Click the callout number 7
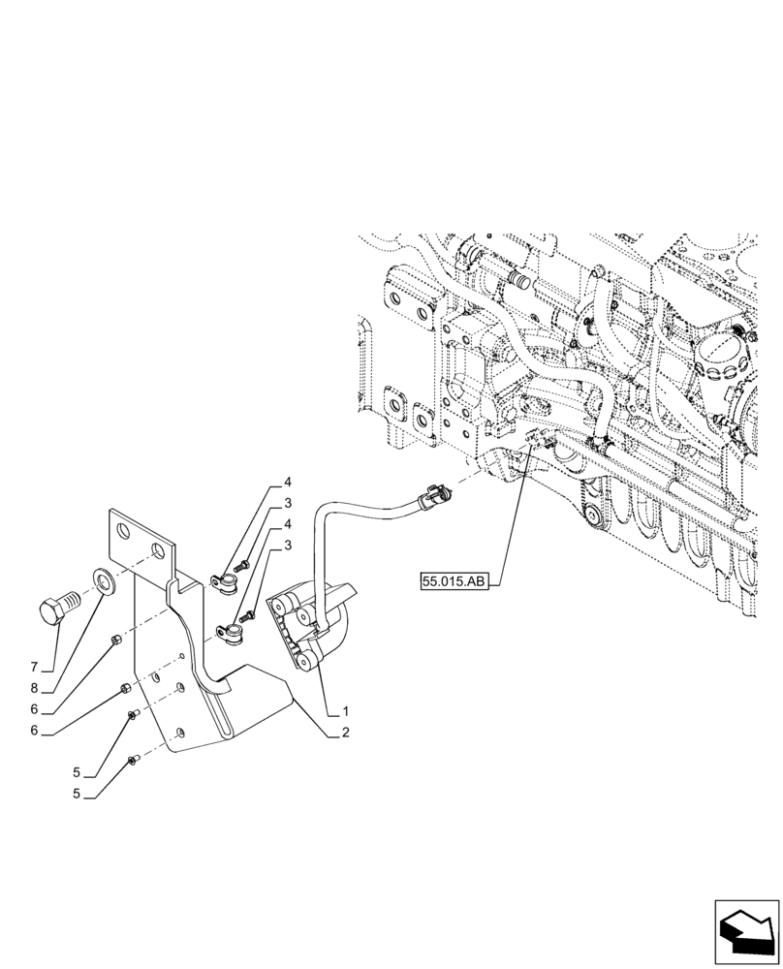pyautogui.click(x=34, y=668)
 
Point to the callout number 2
pyautogui.click(x=344, y=735)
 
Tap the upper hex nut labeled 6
pyautogui.click(x=114, y=640)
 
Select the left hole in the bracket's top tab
pyautogui.click(x=122, y=531)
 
